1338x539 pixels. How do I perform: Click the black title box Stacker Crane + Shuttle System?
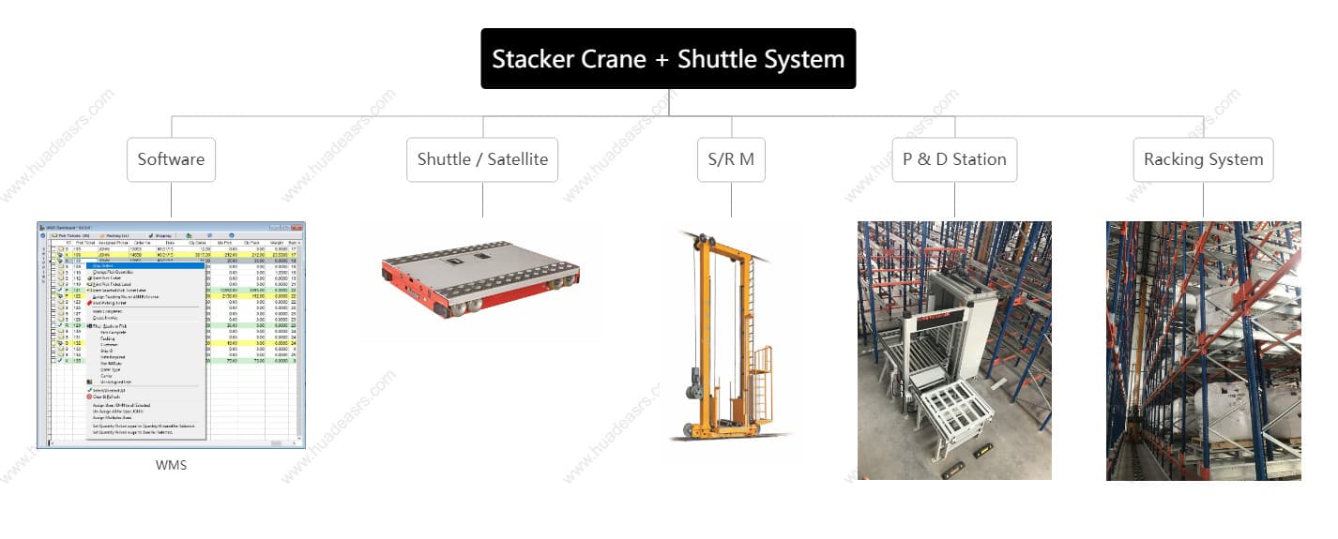coord(668,59)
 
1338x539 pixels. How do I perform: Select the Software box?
coord(171,159)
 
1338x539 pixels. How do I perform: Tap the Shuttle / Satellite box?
coord(482,159)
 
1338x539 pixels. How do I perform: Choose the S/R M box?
coord(731,159)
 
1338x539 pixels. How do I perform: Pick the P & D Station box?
coord(954,159)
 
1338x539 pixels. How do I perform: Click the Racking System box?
coord(1203,159)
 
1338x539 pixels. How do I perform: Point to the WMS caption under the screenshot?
coord(171,465)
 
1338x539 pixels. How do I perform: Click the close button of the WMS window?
coord(298,227)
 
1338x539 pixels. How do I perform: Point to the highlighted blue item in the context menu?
coord(145,265)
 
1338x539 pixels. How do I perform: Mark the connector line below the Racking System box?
coord(1203,201)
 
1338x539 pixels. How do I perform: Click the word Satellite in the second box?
coord(512,159)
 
